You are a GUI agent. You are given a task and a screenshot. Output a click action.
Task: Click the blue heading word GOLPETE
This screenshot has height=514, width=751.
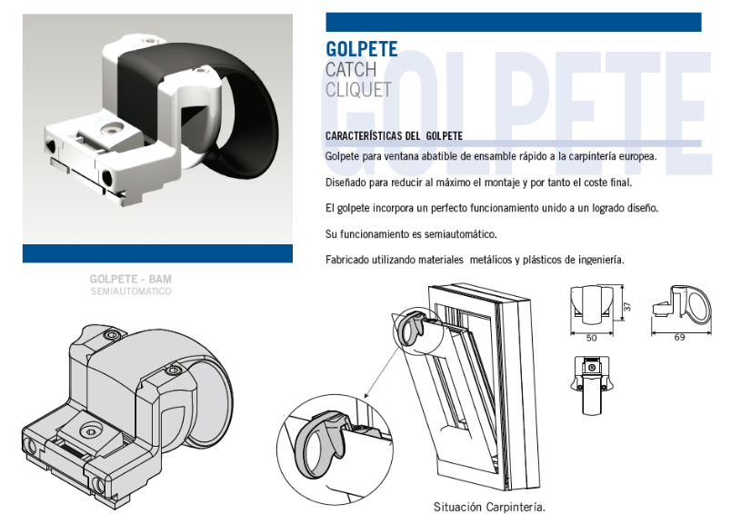click(x=362, y=49)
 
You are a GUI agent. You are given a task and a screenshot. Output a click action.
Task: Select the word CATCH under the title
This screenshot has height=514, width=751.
click(x=351, y=70)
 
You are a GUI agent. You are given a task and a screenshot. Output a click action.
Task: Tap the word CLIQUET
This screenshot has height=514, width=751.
click(x=358, y=90)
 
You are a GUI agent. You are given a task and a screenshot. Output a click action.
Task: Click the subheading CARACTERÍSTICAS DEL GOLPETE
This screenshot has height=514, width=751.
click(x=394, y=136)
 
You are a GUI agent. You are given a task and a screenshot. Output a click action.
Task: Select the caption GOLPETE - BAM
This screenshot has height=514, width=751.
click(x=130, y=279)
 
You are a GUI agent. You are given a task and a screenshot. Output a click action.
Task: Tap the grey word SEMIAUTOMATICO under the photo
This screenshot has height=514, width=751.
click(x=130, y=291)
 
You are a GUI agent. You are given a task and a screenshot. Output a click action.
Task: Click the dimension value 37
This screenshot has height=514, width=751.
click(x=627, y=306)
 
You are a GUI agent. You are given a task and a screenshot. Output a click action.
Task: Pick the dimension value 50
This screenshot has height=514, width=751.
click(x=592, y=338)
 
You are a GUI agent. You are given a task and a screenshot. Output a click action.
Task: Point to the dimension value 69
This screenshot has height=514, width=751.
click(x=679, y=338)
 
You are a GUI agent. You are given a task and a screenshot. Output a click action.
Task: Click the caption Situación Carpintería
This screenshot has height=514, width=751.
click(x=489, y=507)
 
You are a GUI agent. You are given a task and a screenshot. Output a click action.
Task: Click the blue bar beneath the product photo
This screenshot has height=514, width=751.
click(x=157, y=253)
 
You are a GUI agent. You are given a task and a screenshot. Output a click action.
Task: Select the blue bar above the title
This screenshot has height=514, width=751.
click(x=514, y=23)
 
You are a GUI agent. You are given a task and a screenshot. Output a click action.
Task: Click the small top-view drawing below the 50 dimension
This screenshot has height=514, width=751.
click(x=590, y=385)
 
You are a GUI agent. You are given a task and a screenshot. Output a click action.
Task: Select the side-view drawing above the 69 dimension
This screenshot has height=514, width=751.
click(x=682, y=305)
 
